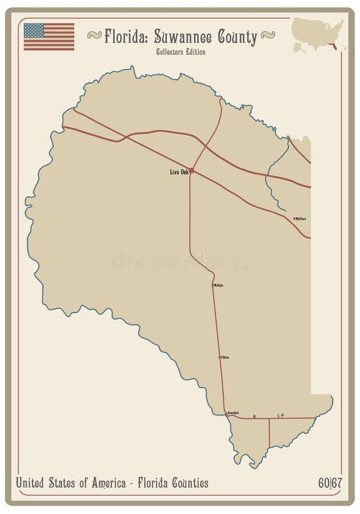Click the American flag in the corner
coord(49,37)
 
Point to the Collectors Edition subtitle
coord(180,52)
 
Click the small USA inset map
coord(318,34)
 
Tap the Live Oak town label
coord(179,172)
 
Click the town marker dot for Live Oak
coord(191,170)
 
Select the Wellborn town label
coord(301,218)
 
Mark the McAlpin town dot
coord(213,285)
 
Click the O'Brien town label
coord(225,357)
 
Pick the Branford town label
coord(233,412)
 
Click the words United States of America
coord(71,483)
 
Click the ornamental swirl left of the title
coord(94,35)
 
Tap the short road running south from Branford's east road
coord(270,432)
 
